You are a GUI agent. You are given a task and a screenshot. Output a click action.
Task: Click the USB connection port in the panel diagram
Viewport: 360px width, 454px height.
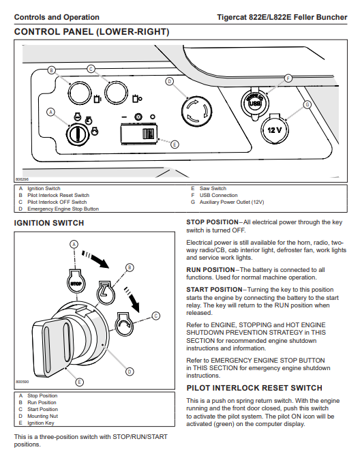point(254,103)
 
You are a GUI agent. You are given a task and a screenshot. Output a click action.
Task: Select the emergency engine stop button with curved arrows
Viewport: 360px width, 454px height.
point(196,112)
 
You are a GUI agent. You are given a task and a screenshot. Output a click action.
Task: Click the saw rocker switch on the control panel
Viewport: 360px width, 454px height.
point(138,134)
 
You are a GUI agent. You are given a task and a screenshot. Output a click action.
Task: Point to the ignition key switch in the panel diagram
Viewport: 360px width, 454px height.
point(77,135)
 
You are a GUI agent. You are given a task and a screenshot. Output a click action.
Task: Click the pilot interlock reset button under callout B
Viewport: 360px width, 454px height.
point(79,93)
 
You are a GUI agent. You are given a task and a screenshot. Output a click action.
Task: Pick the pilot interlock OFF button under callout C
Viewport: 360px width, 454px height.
point(116,93)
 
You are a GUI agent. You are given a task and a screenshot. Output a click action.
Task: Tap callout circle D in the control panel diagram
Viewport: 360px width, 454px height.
point(169,81)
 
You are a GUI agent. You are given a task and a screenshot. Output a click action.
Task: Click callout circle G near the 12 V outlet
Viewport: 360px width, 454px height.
point(307,104)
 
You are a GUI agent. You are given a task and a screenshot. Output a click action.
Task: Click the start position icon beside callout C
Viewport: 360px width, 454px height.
point(125,324)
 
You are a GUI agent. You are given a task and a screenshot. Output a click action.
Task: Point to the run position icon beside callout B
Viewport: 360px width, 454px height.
point(106,292)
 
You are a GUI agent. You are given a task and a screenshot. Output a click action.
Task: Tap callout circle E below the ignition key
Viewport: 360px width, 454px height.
point(79,382)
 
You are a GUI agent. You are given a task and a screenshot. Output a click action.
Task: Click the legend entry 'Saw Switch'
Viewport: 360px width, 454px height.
point(213,189)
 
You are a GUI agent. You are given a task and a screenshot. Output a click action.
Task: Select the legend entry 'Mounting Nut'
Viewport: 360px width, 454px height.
point(42,416)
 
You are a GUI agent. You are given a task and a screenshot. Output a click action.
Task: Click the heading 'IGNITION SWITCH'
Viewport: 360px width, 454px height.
point(49,223)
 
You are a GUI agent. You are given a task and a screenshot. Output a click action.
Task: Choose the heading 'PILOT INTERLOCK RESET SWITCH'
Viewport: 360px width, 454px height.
point(254,388)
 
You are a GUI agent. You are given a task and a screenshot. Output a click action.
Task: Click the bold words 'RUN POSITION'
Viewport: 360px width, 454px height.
point(211,270)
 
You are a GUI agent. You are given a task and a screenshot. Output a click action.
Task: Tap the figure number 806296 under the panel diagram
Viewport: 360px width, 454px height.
point(22,179)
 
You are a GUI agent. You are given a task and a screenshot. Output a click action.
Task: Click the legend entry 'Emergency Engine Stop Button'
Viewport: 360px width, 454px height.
point(63,209)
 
